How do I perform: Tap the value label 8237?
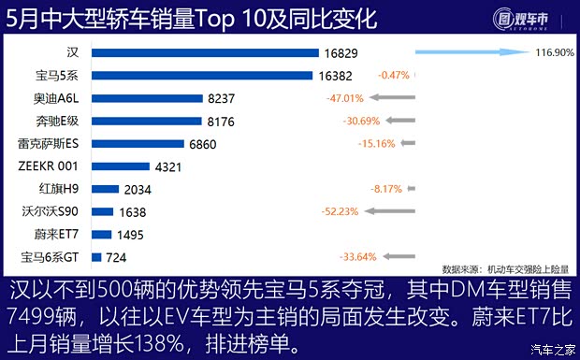[x=225, y=98]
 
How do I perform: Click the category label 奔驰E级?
[x=49, y=121]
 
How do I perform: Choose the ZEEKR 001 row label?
[x=48, y=166]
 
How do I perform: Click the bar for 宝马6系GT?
[x=97, y=256]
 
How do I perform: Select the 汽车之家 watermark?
[x=550, y=351]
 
